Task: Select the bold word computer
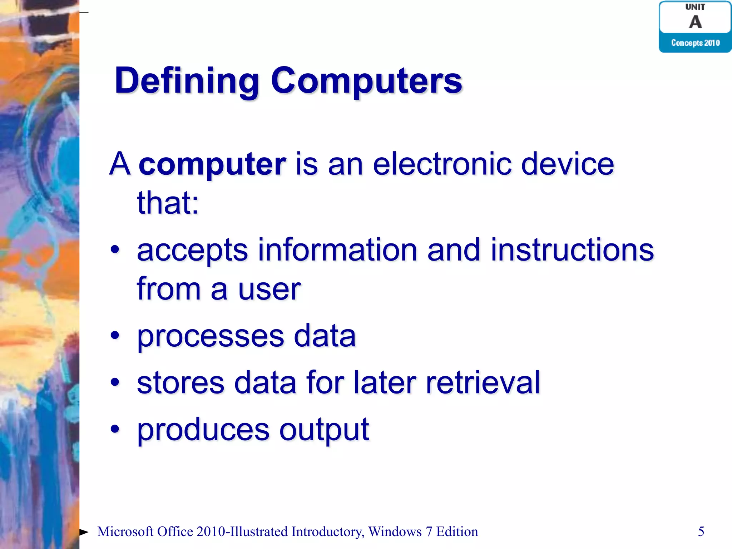(x=212, y=164)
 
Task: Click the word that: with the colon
(x=168, y=203)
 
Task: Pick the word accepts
(x=192, y=251)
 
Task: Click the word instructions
(x=572, y=250)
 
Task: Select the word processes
(x=211, y=337)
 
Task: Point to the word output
(x=324, y=430)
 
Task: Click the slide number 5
(x=701, y=531)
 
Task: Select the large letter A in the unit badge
(x=695, y=23)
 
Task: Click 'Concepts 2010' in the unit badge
(x=695, y=43)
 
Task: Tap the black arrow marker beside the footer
(x=84, y=532)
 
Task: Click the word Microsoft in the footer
(x=125, y=532)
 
